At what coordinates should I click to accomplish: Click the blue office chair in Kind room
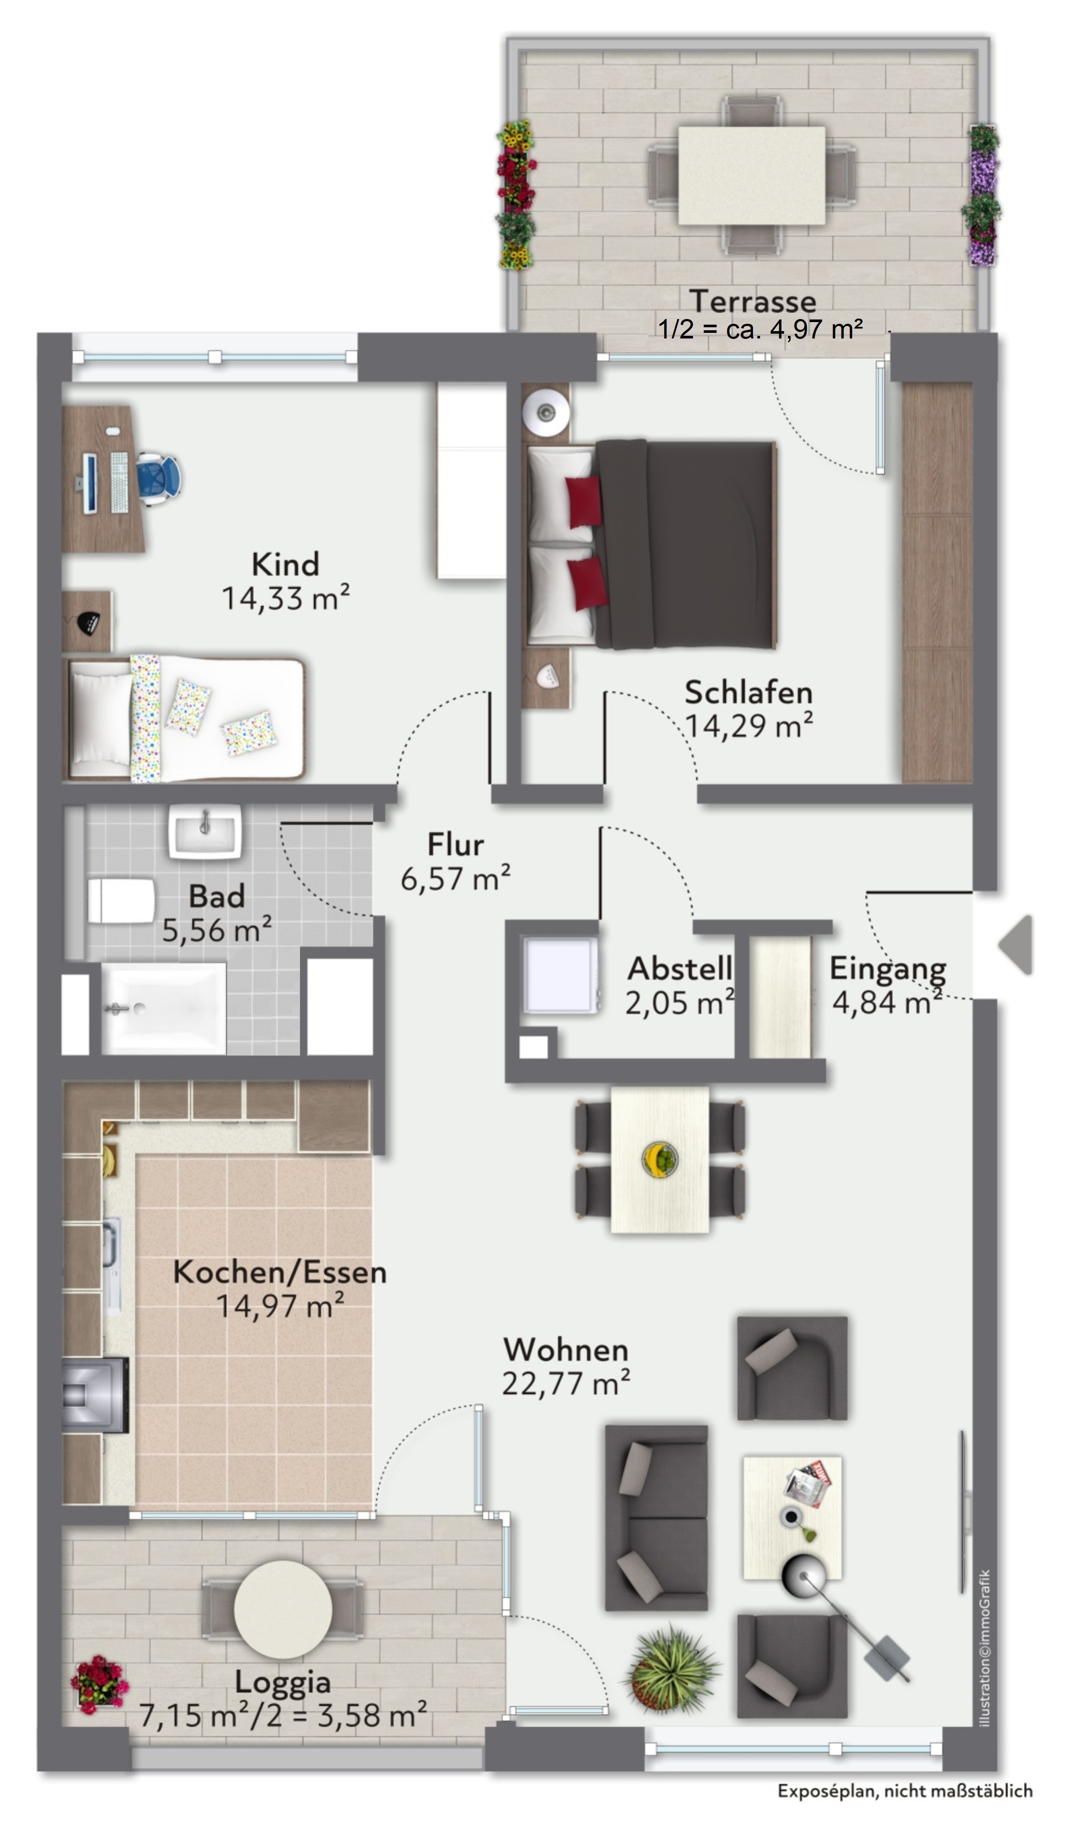point(157,479)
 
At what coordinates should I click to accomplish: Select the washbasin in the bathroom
point(205,832)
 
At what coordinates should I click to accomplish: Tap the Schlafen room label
point(748,692)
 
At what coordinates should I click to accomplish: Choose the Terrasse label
point(753,301)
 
